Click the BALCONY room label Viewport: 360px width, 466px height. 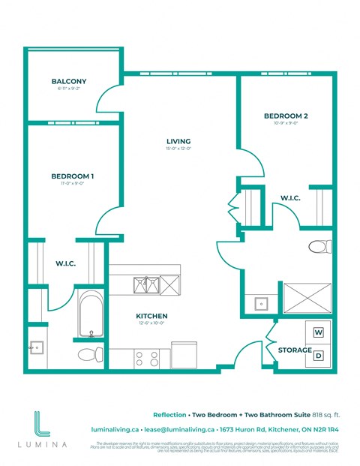[x=69, y=81]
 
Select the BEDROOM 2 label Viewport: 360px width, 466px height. [x=285, y=116]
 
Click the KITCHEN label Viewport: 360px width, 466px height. [x=151, y=316]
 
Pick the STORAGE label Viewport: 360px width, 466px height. [x=294, y=350]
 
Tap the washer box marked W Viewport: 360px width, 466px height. [x=318, y=332]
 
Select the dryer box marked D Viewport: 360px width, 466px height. [x=318, y=356]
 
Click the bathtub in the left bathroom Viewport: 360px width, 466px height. [x=89, y=314]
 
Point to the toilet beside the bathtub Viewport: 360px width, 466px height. [x=89, y=353]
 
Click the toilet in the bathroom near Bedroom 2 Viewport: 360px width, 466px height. [x=320, y=246]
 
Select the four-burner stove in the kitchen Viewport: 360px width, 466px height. [x=145, y=358]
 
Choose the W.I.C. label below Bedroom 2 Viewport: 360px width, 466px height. [x=290, y=198]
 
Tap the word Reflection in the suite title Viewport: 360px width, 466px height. [x=170, y=413]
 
